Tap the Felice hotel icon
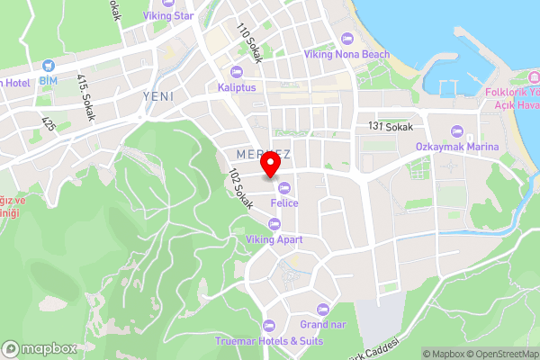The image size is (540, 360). coord(284,187)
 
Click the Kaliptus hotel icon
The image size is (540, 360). coord(237,72)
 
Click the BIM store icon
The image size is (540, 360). coord(47,65)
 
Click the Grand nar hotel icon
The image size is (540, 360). coord(323,308)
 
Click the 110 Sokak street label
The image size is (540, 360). coord(249,44)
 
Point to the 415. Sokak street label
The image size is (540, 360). coord(86,97)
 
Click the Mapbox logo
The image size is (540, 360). coord(39,348)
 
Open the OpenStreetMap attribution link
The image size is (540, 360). coord(499,353)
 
